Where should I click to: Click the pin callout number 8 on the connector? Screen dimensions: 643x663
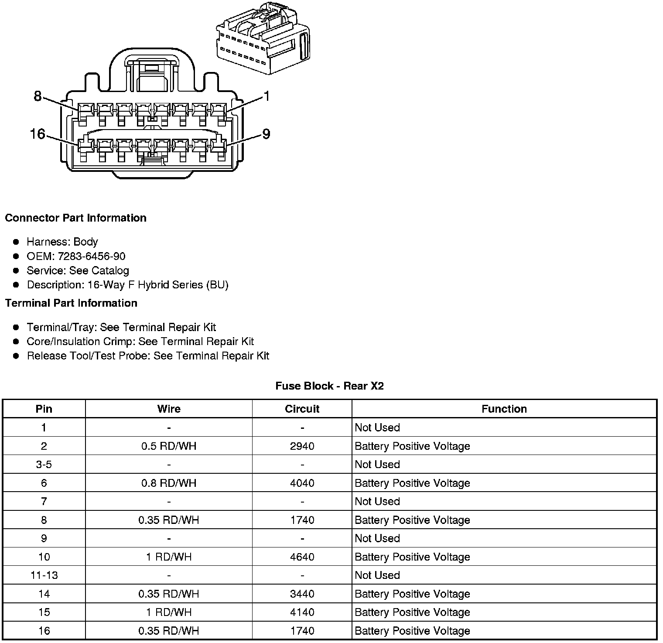click(x=38, y=96)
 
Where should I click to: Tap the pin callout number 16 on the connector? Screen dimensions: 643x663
click(x=38, y=134)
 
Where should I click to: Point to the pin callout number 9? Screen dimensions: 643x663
click(x=266, y=134)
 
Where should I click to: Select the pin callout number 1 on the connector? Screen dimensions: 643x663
click(x=267, y=96)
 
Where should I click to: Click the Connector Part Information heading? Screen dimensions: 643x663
click(x=75, y=218)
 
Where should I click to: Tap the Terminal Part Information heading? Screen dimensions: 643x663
click(x=71, y=303)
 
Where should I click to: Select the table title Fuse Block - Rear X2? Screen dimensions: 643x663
click(x=329, y=386)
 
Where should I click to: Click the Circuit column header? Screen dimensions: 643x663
click(x=302, y=409)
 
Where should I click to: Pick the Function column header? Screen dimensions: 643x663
click(x=504, y=409)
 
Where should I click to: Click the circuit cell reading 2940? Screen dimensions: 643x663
click(x=302, y=446)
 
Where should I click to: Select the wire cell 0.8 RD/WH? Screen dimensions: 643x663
click(x=169, y=483)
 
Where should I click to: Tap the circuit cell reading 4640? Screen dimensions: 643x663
click(x=302, y=557)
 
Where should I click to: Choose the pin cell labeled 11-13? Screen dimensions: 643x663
click(x=44, y=575)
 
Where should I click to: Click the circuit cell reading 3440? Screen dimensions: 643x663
click(x=302, y=594)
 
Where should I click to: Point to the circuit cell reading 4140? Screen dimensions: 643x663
click(x=302, y=612)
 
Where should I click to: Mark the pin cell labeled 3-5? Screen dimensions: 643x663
click(x=44, y=464)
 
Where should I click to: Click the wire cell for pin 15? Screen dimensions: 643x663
click(x=169, y=612)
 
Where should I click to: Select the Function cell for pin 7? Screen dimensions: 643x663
click(x=377, y=501)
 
